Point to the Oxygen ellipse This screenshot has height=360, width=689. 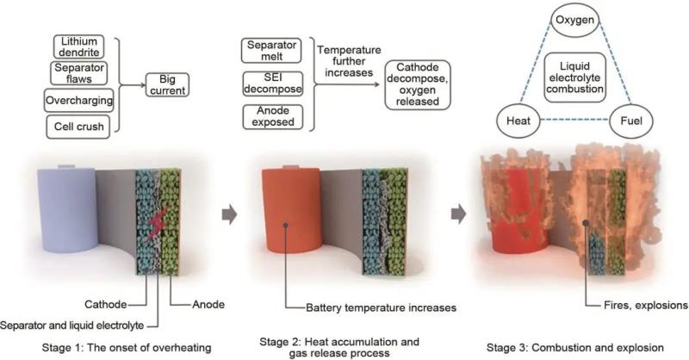click(x=577, y=18)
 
